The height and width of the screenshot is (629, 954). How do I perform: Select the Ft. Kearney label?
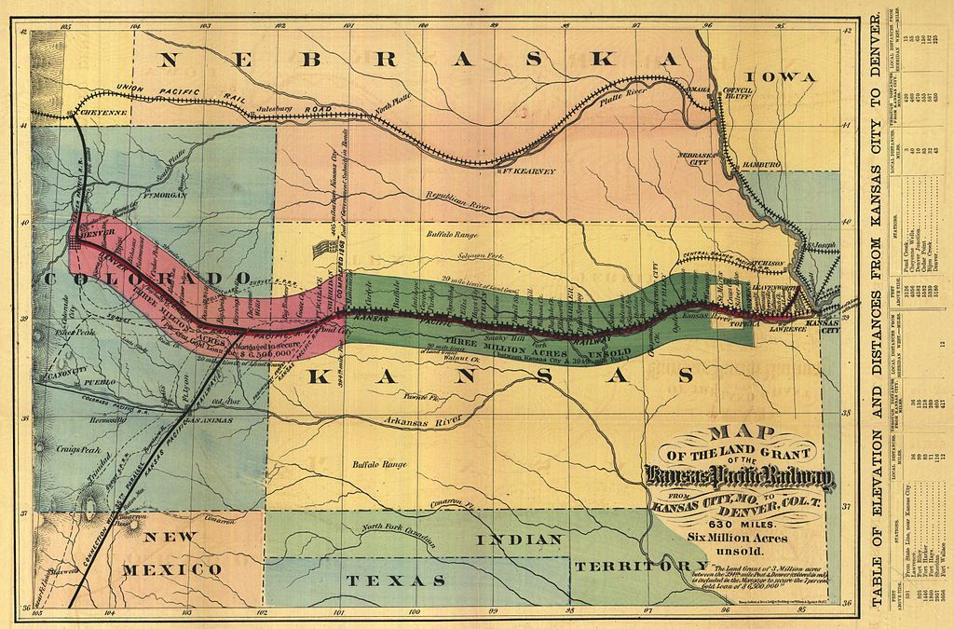click(528, 171)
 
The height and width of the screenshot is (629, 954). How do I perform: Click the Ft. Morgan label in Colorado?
click(166, 196)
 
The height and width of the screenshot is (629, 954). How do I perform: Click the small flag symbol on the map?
click(323, 248)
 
